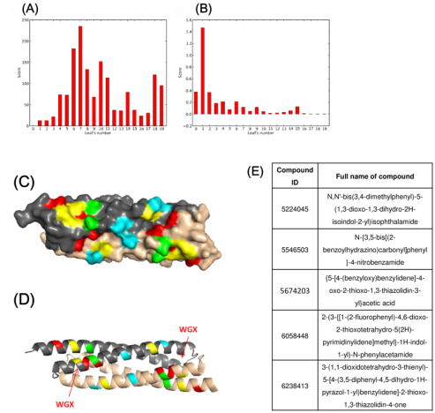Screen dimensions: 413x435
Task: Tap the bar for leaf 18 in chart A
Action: coord(154,99)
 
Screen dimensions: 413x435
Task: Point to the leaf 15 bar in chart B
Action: coord(298,110)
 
